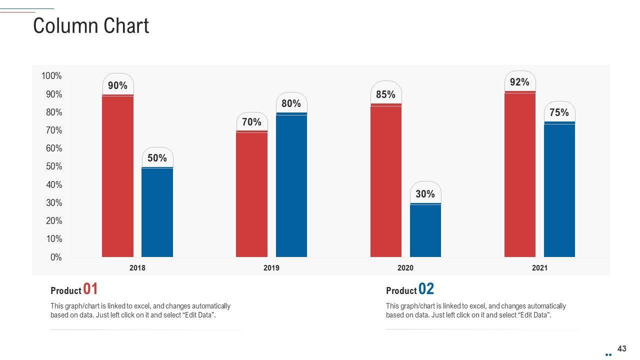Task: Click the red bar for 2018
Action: coord(117,175)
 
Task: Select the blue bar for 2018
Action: coord(157,212)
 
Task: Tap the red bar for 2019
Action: coord(251,194)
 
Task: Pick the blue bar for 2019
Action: coord(291,185)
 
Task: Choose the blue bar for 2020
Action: coord(425,230)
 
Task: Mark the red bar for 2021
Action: coord(520,174)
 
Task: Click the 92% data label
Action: coord(519,82)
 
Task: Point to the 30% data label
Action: coord(425,194)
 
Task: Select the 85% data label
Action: coord(385,94)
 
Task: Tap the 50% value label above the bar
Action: coord(157,158)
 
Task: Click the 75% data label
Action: coord(559,112)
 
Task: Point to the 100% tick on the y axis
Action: coord(52,76)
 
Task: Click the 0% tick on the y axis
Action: coord(56,257)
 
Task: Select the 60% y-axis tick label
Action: coord(54,148)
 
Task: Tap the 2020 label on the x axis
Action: coord(405,268)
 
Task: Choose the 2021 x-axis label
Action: coord(539,268)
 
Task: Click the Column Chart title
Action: coord(91,26)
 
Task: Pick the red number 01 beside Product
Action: coord(90,289)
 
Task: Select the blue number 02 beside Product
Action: coord(426,289)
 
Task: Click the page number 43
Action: coord(622,348)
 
